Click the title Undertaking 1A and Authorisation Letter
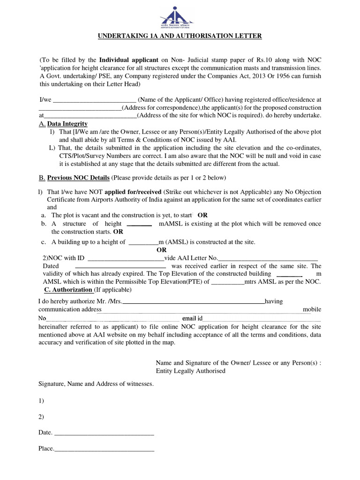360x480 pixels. click(180, 36)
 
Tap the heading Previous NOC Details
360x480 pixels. click(78, 178)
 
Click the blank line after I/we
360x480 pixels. click(96, 99)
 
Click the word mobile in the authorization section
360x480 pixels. click(312, 310)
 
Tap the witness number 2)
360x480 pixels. click(41, 417)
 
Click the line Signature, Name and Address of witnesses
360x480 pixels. click(96, 384)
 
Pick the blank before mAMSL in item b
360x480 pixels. click(139, 224)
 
